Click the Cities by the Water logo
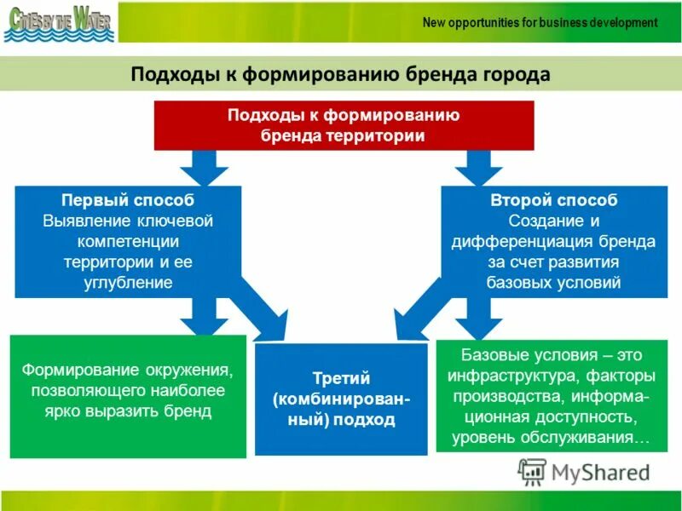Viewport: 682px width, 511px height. (58, 23)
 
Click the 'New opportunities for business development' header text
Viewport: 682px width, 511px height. (540, 22)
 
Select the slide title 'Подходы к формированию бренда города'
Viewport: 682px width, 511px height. (340, 75)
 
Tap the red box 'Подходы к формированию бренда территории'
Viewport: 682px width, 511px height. (344, 125)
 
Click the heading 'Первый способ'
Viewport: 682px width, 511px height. (128, 200)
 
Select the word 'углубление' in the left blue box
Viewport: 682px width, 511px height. (128, 282)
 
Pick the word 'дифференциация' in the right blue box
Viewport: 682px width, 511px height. (540, 241)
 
